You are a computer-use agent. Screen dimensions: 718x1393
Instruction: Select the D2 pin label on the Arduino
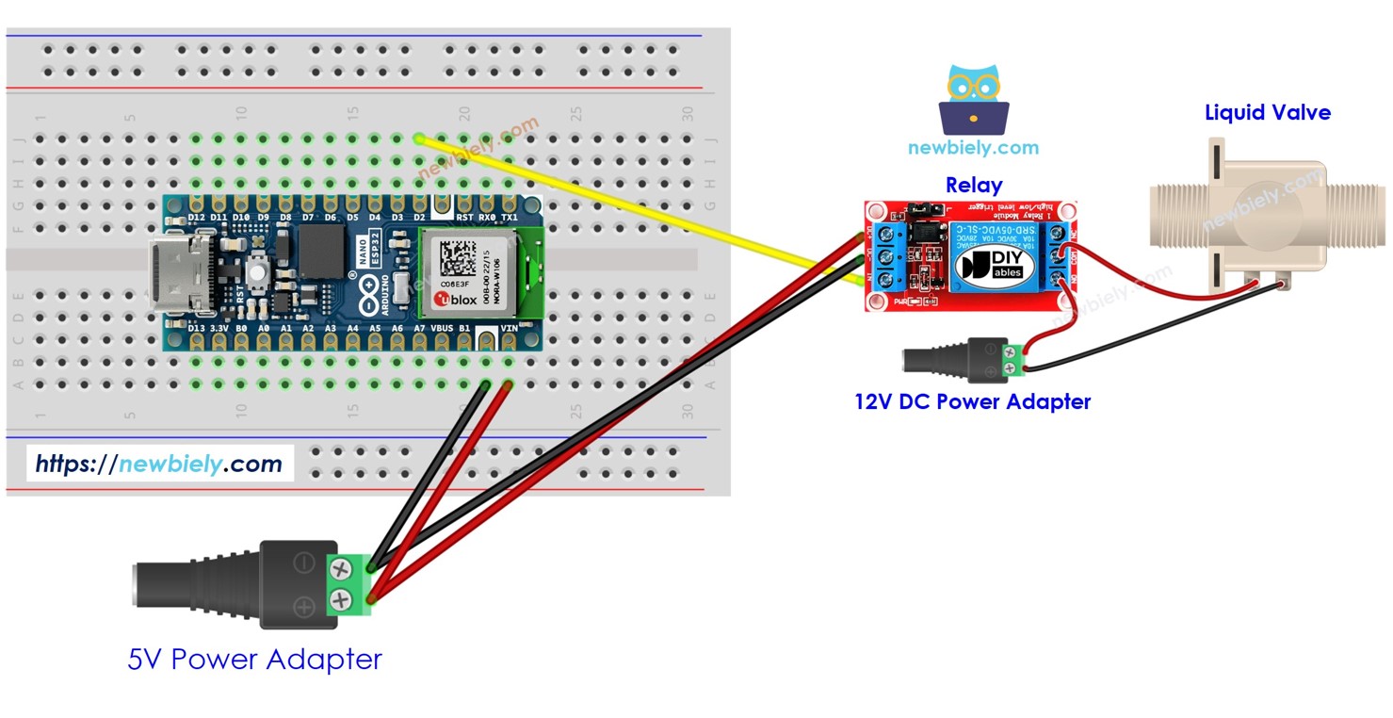click(x=420, y=218)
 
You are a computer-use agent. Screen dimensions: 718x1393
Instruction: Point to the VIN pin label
click(x=509, y=328)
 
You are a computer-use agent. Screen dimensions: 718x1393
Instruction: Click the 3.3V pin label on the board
click(x=219, y=328)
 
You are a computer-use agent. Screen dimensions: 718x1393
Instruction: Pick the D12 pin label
click(x=197, y=218)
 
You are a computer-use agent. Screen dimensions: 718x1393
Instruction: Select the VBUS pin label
click(x=443, y=328)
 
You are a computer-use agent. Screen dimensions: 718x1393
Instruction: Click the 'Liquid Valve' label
click(x=1267, y=113)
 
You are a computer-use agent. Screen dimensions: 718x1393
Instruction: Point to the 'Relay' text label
click(x=973, y=185)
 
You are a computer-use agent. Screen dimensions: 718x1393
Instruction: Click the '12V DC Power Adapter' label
click(x=972, y=401)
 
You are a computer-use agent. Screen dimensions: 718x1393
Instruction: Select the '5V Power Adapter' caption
click(x=254, y=659)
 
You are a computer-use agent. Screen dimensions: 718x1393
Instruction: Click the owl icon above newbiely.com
click(x=974, y=99)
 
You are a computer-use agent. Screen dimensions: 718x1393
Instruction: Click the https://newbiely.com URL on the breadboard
click(x=158, y=464)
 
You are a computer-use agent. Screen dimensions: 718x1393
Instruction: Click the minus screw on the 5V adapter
click(x=339, y=567)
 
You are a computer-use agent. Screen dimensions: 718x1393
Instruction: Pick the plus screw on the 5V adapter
click(x=339, y=597)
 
